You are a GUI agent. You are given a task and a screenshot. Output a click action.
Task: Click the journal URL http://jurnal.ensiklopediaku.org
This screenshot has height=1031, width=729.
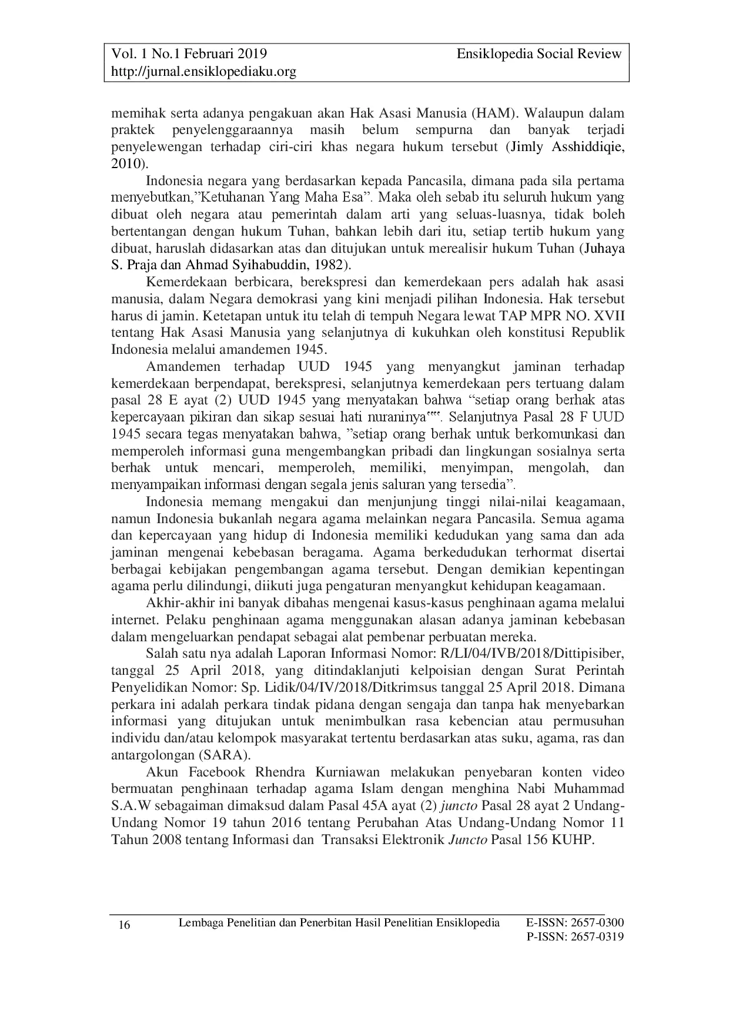point(203,72)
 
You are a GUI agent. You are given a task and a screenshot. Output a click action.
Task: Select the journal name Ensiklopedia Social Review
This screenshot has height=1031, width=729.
point(539,54)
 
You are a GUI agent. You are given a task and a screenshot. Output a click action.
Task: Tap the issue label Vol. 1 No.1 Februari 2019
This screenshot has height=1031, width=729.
point(189,54)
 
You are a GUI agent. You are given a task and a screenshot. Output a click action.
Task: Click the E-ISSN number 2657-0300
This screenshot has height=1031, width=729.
point(596,922)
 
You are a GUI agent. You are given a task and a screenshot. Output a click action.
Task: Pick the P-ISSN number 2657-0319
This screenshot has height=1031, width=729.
point(596,936)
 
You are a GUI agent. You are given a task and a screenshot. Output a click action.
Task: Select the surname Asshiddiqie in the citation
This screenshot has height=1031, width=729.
point(588,146)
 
